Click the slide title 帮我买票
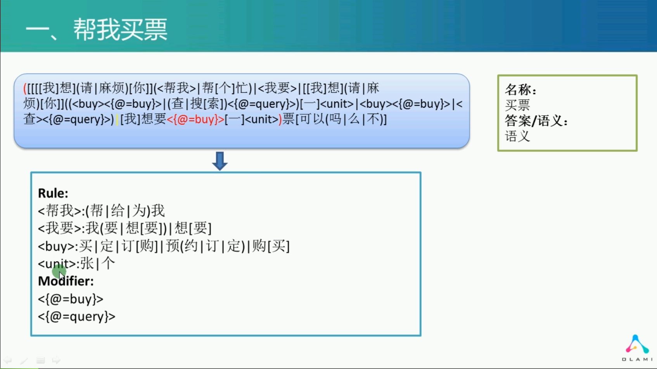coord(120,29)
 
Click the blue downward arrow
coord(220,161)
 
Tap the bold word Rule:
coord(53,193)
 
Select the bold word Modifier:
coord(66,281)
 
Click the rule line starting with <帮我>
coord(102,211)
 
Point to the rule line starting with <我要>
coord(124,228)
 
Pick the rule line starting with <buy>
coord(164,246)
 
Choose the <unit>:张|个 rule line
coord(76,263)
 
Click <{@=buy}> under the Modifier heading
coord(71,299)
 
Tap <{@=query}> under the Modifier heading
coord(77,317)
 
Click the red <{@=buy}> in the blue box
coord(195,120)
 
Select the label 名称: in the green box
coord(520,90)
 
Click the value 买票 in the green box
coord(517,105)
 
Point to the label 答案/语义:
coord(536,121)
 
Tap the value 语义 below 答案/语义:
coord(517,136)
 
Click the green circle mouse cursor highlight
coord(59,272)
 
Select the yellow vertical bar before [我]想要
coord(117,120)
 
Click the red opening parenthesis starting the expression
coord(25,88)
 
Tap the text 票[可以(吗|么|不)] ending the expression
coord(335,120)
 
